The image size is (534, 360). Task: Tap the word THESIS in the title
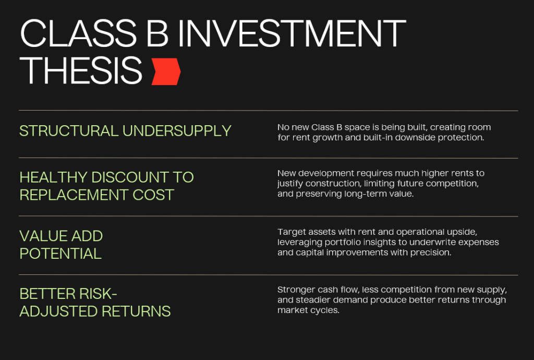pyautogui.click(x=81, y=70)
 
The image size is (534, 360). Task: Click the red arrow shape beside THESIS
pyautogui.click(x=166, y=71)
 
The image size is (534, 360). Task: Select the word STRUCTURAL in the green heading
pyautogui.click(x=68, y=131)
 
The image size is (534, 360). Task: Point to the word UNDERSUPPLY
pyautogui.click(x=177, y=131)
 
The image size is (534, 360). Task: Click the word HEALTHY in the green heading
pyautogui.click(x=53, y=177)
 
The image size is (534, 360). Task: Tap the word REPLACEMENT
pyautogui.click(x=74, y=195)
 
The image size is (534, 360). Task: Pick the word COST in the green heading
pyautogui.click(x=153, y=195)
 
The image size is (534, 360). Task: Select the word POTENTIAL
pyautogui.click(x=60, y=254)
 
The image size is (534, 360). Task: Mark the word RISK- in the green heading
pyautogui.click(x=98, y=294)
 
